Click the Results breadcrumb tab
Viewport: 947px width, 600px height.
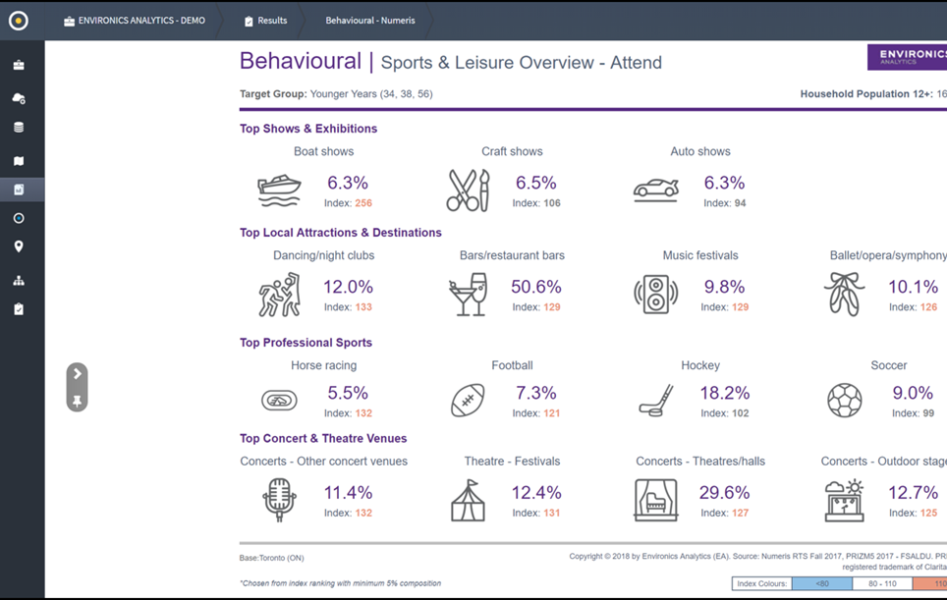click(x=265, y=21)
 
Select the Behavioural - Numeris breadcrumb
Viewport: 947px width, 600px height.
click(x=370, y=21)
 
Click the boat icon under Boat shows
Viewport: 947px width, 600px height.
click(x=279, y=190)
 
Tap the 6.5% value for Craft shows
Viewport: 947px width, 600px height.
click(x=535, y=183)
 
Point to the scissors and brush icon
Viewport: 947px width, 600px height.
click(x=468, y=191)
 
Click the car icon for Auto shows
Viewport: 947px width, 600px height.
click(x=656, y=190)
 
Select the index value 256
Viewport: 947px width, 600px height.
click(x=363, y=203)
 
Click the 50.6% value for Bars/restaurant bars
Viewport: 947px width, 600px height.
click(x=535, y=287)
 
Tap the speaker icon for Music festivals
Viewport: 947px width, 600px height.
click(x=655, y=294)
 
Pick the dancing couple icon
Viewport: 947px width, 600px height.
click(x=279, y=294)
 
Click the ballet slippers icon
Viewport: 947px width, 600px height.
click(x=844, y=294)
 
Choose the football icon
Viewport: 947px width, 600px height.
click(x=468, y=400)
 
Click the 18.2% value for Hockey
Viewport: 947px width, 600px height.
click(x=724, y=393)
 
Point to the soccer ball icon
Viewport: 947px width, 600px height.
click(x=844, y=400)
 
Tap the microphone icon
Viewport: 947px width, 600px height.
click(x=279, y=500)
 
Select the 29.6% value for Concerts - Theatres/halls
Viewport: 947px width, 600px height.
click(x=724, y=493)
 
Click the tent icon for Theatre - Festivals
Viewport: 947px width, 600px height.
click(x=468, y=500)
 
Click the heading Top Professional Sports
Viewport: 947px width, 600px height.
click(x=306, y=343)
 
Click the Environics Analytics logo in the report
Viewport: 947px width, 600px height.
click(x=906, y=57)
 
